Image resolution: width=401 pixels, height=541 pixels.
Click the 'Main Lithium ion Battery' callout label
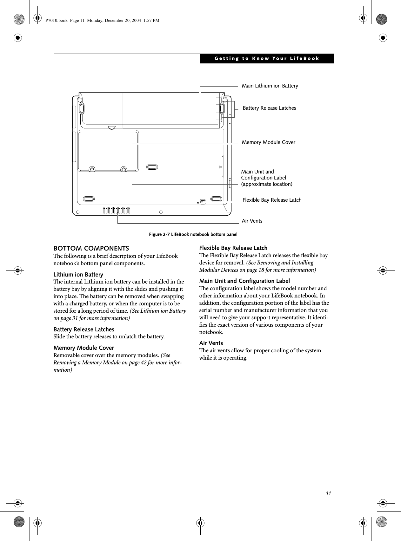(270, 86)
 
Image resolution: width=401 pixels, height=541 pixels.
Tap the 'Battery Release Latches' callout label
(269, 108)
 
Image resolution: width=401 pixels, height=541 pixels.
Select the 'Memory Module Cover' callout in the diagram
(268, 142)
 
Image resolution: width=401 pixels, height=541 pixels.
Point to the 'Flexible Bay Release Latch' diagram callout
(272, 200)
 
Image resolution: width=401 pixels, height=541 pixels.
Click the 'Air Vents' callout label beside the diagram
(252, 221)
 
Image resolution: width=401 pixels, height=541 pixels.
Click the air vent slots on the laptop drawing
(117, 210)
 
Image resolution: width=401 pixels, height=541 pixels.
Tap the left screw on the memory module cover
(92, 169)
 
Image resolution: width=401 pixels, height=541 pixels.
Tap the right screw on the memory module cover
(124, 169)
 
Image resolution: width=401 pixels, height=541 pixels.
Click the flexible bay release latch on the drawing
(203, 201)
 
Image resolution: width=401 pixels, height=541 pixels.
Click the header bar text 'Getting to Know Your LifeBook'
(267, 59)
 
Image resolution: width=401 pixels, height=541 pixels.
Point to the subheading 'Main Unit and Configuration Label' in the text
(244, 281)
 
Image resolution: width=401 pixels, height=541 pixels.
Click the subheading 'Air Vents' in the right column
(211, 343)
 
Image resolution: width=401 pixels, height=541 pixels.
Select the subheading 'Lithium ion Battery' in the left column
(78, 275)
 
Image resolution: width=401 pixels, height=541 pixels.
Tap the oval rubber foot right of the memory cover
(152, 167)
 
